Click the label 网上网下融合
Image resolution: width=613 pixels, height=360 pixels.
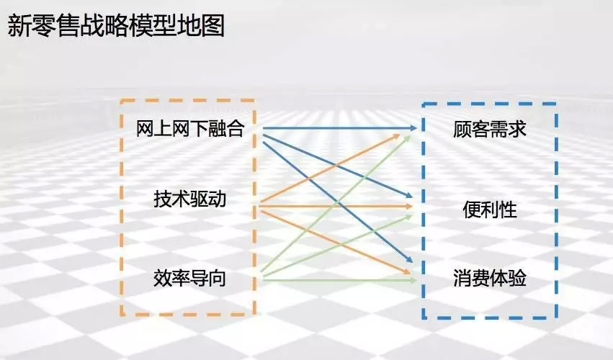(x=191, y=129)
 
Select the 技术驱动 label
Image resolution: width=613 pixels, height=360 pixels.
(x=190, y=198)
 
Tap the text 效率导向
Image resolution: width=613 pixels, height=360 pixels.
(x=190, y=277)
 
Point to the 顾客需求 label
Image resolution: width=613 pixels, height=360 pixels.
(x=490, y=130)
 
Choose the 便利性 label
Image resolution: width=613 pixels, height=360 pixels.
(x=490, y=210)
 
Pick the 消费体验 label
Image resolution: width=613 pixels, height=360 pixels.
(x=490, y=278)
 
